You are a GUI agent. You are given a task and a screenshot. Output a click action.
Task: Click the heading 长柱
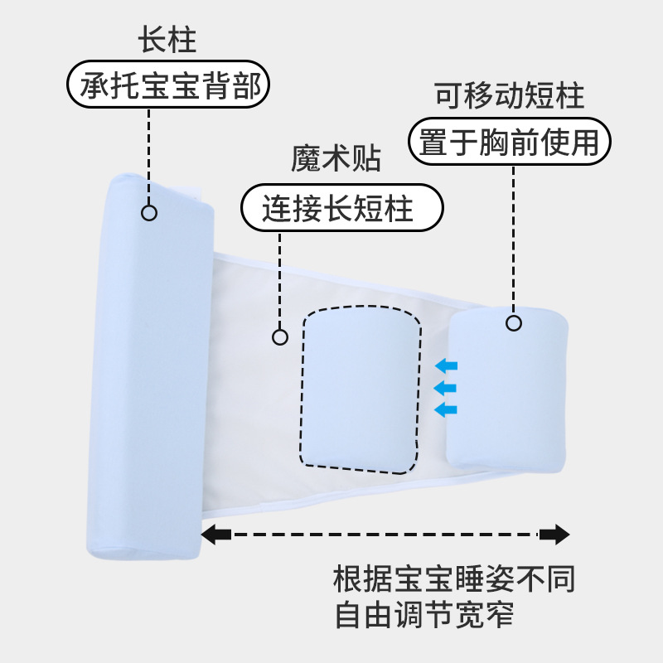tap(168, 40)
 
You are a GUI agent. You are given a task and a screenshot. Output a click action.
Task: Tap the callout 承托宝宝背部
tap(169, 85)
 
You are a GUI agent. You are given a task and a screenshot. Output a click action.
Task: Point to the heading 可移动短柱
tap(509, 96)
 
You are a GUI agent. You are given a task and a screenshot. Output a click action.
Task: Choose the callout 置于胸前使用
tap(509, 142)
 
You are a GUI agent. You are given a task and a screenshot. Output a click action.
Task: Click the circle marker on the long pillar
tap(149, 213)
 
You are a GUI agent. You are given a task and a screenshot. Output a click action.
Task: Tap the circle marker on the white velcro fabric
tap(279, 337)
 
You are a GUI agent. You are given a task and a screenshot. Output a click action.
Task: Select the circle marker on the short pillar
tap(514, 323)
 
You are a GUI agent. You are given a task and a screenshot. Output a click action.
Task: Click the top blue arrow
tap(447, 365)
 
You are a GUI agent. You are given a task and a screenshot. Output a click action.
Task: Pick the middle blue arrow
tap(447, 387)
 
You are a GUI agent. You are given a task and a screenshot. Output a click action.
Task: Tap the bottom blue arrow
tap(447, 408)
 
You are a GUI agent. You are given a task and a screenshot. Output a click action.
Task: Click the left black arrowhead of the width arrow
tap(215, 534)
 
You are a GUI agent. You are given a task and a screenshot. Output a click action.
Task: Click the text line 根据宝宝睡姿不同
tap(453, 578)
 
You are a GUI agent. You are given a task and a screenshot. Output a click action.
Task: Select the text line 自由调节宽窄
tap(424, 616)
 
